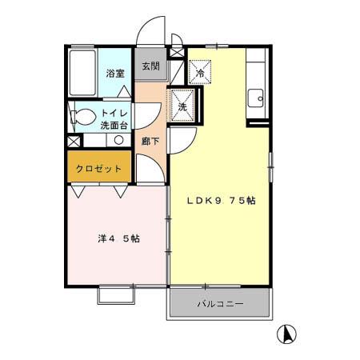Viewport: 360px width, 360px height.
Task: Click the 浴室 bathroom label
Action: point(114,73)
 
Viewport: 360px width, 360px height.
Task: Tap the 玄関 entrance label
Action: point(151,67)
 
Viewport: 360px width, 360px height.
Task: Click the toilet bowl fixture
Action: point(81,117)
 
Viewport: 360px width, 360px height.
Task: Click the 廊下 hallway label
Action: point(149,141)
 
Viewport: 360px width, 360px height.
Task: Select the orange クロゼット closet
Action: point(99,169)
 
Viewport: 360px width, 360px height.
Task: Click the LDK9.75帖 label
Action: point(221,200)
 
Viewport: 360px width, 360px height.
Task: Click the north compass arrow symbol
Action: point(285,333)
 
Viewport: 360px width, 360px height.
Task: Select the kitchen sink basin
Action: point(257,100)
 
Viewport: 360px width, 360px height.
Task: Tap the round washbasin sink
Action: point(118,140)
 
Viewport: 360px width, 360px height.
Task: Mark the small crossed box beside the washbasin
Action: point(74,141)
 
